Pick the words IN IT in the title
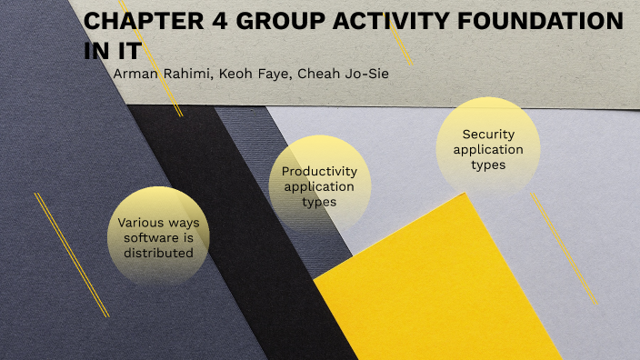click(113, 50)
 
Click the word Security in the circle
click(488, 135)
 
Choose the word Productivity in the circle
click(319, 171)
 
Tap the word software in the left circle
click(152, 237)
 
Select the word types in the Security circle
click(488, 165)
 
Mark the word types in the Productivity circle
click(319, 201)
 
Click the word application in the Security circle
click(488, 149)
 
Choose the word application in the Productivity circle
click(319, 185)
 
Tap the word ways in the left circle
click(188, 223)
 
